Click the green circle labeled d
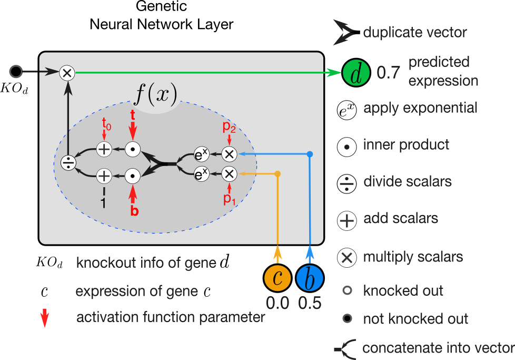356,73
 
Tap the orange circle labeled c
278,277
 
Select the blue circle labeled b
310,277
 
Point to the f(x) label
156,94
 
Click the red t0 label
106,124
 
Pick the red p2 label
229,126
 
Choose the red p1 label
229,199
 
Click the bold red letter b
134,210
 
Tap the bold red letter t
133,114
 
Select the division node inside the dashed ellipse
68,163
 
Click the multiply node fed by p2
229,154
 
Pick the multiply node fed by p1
229,173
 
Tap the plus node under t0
104,150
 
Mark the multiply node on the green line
67,73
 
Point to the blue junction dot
310,154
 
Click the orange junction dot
278,173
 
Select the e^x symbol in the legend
346,111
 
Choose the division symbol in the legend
346,183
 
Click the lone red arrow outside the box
45,318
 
